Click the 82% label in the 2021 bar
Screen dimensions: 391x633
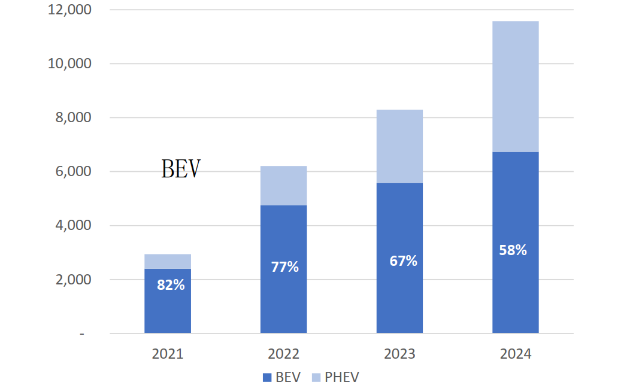[171, 285]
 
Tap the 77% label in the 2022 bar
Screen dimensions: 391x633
[284, 266]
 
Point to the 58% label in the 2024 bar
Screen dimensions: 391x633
[513, 250]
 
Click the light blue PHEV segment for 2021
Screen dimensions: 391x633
[168, 262]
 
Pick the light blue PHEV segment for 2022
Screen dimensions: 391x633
[283, 186]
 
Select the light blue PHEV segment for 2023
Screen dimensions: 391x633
[399, 147]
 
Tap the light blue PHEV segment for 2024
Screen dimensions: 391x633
[515, 87]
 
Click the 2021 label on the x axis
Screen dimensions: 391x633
[168, 354]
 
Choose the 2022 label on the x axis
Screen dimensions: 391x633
[283, 354]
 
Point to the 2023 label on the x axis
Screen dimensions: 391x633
[399, 354]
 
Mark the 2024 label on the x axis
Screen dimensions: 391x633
[515, 354]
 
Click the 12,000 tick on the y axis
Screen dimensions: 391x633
[69, 10]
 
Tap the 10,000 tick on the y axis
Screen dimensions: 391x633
[69, 63]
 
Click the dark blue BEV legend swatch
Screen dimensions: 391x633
[267, 377]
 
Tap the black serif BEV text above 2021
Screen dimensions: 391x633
[181, 169]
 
